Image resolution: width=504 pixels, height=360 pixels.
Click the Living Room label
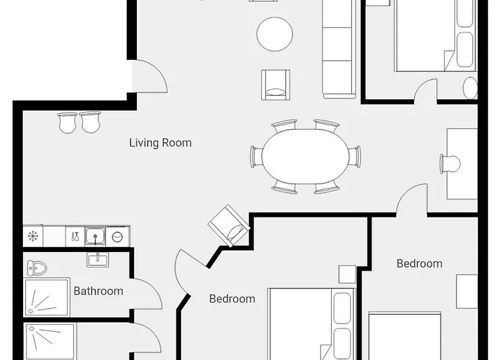tap(161, 143)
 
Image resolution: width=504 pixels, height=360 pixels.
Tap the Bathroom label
tap(99, 291)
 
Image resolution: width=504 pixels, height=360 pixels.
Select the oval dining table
tap(305, 156)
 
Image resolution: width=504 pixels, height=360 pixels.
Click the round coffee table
tap(275, 34)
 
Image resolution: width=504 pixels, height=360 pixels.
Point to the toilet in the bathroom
tap(37, 268)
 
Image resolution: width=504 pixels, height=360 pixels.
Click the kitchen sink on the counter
tap(95, 237)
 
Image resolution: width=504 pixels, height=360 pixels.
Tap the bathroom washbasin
tap(98, 259)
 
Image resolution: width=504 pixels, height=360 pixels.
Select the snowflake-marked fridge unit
tap(33, 236)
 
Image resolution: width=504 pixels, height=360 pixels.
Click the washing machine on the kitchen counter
tap(117, 237)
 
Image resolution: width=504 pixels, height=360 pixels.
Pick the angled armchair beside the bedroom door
tap(229, 225)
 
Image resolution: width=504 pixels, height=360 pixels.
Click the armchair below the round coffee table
tap(276, 84)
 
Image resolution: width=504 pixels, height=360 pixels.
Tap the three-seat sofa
tap(339, 48)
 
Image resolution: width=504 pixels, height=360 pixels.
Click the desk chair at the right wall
tap(450, 164)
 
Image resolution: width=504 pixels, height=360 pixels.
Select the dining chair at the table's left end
tap(257, 156)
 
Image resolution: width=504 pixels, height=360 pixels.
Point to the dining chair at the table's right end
tap(354, 156)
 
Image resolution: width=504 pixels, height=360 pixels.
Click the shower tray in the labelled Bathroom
tap(47, 297)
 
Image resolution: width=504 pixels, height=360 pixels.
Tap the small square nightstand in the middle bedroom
tap(348, 274)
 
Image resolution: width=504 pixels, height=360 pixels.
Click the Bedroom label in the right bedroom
tap(419, 264)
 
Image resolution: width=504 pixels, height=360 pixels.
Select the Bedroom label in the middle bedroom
tap(232, 299)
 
